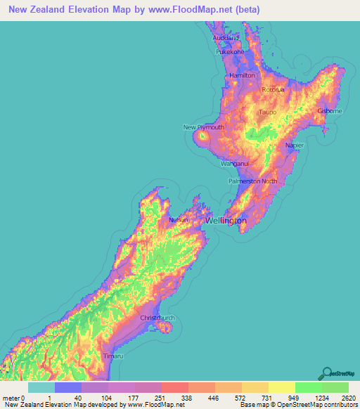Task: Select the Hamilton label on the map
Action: [x=242, y=75]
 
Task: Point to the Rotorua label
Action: [x=273, y=90]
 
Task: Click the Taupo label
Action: [x=267, y=112]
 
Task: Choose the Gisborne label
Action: [x=330, y=111]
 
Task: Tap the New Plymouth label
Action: [x=204, y=127]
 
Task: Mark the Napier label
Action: [x=295, y=145]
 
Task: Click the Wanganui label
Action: [x=236, y=163]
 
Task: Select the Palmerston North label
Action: [x=252, y=181]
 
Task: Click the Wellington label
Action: [x=226, y=221]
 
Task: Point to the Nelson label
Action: [x=177, y=220]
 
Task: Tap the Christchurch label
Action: [x=157, y=318]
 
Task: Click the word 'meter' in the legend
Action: [x=11, y=397]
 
